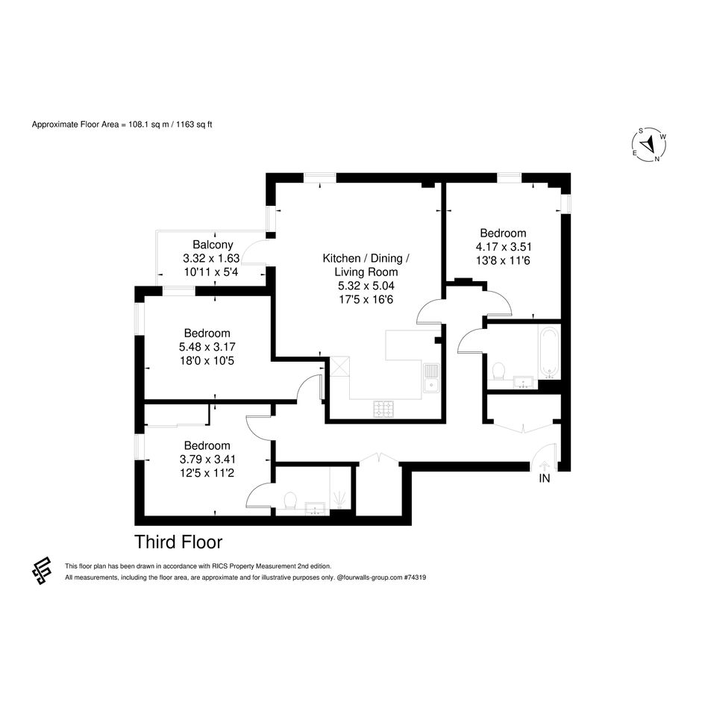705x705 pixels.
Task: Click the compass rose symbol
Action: pyautogui.click(x=649, y=145)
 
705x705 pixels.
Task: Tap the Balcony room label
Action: pyautogui.click(x=213, y=245)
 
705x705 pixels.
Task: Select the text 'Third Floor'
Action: pyautogui.click(x=178, y=542)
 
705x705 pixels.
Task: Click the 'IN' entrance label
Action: pyautogui.click(x=545, y=478)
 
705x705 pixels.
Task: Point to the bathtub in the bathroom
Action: pyautogui.click(x=549, y=352)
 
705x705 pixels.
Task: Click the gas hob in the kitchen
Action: pyautogui.click(x=383, y=409)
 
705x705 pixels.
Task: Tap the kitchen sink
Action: pyautogui.click(x=432, y=378)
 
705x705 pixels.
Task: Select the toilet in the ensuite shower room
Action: pyautogui.click(x=290, y=501)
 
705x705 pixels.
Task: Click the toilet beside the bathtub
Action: pyautogui.click(x=498, y=372)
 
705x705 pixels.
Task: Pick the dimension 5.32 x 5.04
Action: pyautogui.click(x=366, y=286)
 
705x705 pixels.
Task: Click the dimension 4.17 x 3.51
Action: pyautogui.click(x=504, y=247)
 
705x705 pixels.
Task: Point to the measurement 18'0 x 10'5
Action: pyautogui.click(x=207, y=360)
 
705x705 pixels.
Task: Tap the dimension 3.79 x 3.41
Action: pyautogui.click(x=207, y=459)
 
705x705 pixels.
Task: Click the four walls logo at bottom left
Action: pyautogui.click(x=41, y=570)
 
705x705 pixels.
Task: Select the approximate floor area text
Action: pyautogui.click(x=122, y=125)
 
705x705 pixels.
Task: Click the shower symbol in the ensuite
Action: pyautogui.click(x=338, y=500)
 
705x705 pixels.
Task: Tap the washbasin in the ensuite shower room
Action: pyautogui.click(x=315, y=510)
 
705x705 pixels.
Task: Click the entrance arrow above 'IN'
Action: pyautogui.click(x=544, y=466)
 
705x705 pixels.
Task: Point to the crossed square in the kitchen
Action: pyautogui.click(x=339, y=366)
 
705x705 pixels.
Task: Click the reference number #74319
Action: pyautogui.click(x=415, y=577)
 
